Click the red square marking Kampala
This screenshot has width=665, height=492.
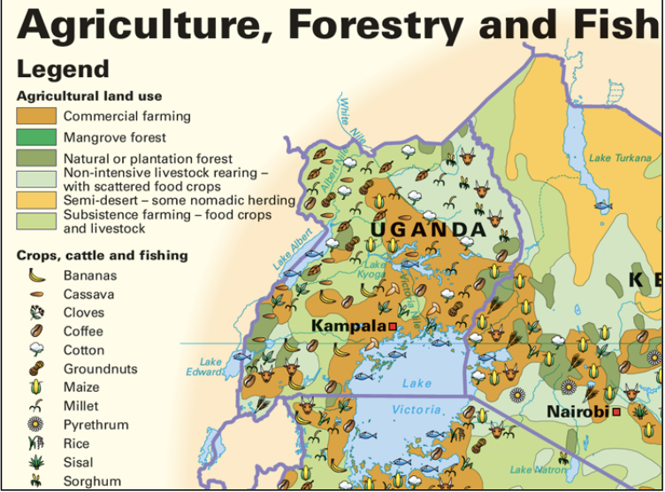click(393, 327)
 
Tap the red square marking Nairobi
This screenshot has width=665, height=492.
click(615, 412)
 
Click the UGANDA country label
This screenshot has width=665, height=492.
click(427, 230)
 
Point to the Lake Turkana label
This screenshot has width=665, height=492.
click(613, 158)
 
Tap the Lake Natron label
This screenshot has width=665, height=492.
click(533, 470)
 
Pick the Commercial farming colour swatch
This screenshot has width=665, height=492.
click(36, 116)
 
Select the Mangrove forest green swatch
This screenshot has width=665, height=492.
click(36, 137)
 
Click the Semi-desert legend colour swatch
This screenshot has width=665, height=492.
click(36, 201)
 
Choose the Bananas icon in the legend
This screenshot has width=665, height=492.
click(36, 275)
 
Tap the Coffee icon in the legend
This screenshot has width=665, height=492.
click(36, 331)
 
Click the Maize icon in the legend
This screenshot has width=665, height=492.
click(36, 387)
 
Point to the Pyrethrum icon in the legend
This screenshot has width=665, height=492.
click(36, 425)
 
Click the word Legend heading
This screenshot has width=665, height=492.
click(63, 69)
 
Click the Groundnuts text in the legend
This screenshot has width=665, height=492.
click(100, 369)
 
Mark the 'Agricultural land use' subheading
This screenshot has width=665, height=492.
click(89, 96)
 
